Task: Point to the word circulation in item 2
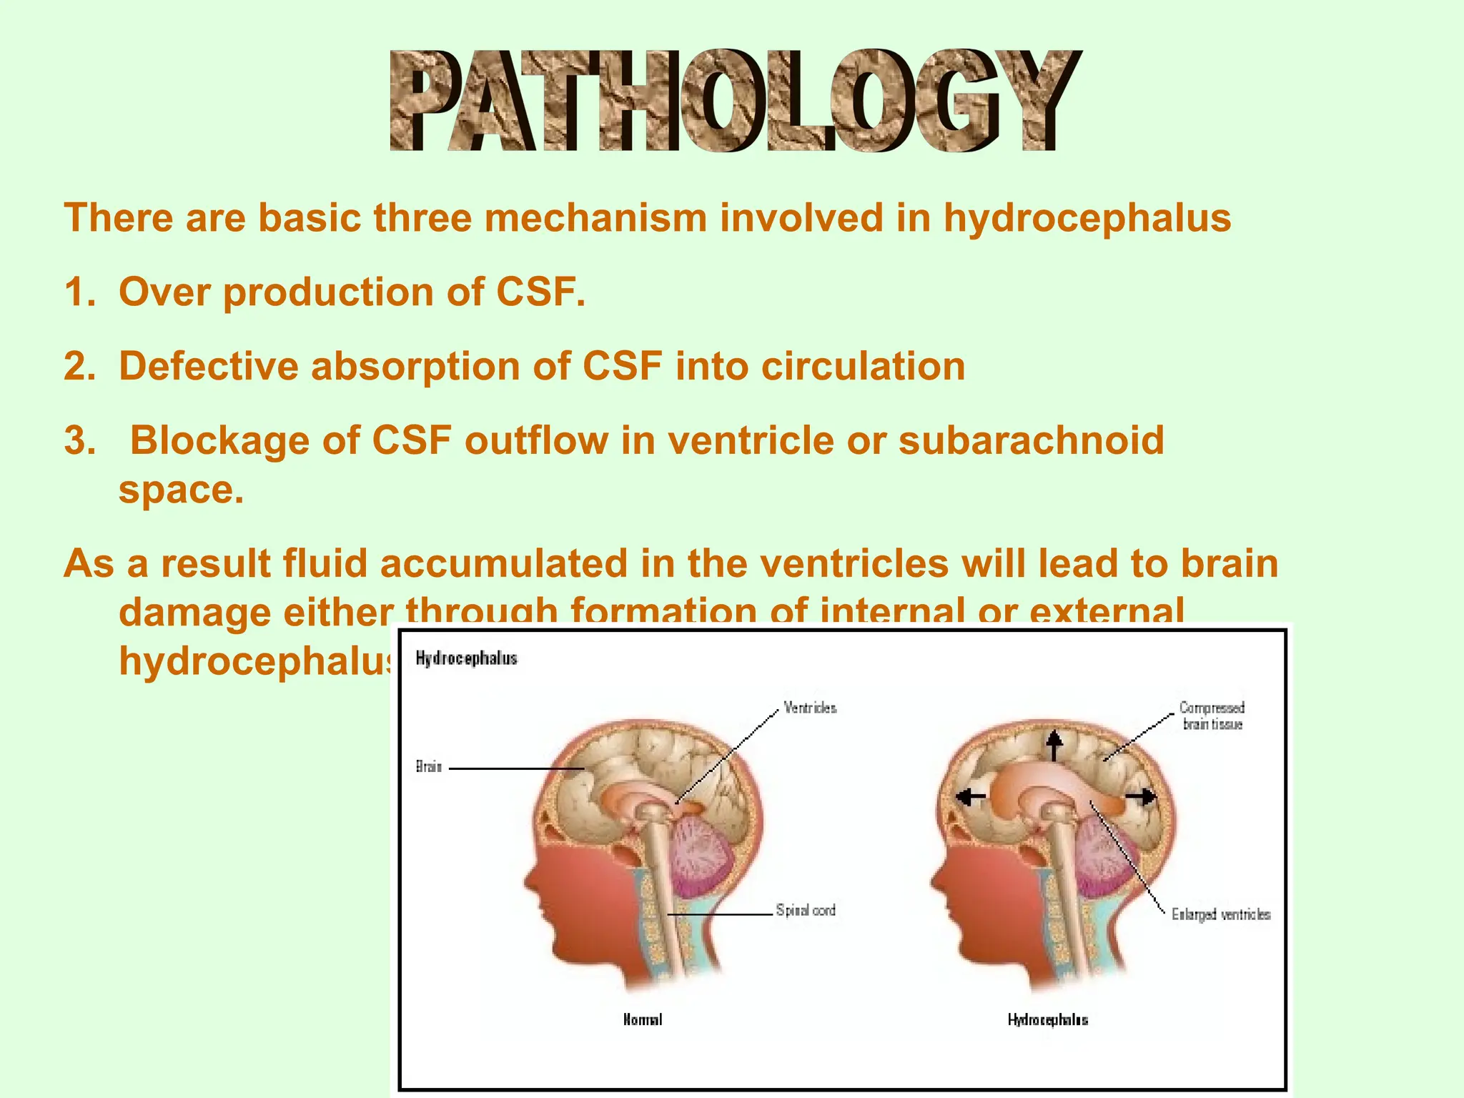pyautogui.click(x=863, y=366)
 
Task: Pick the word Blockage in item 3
pyautogui.click(x=219, y=440)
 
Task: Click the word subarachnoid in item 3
pyautogui.click(x=1031, y=440)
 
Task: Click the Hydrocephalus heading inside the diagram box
pyautogui.click(x=466, y=658)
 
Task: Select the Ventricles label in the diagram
pyautogui.click(x=810, y=708)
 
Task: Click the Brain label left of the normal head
pyautogui.click(x=429, y=767)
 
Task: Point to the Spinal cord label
pyautogui.click(x=806, y=910)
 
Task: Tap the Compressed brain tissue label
pyautogui.click(x=1212, y=716)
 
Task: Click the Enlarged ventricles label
pyautogui.click(x=1221, y=914)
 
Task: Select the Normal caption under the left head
pyautogui.click(x=643, y=1019)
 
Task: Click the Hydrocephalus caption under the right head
pyautogui.click(x=1048, y=1019)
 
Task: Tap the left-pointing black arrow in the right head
pyautogui.click(x=971, y=796)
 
